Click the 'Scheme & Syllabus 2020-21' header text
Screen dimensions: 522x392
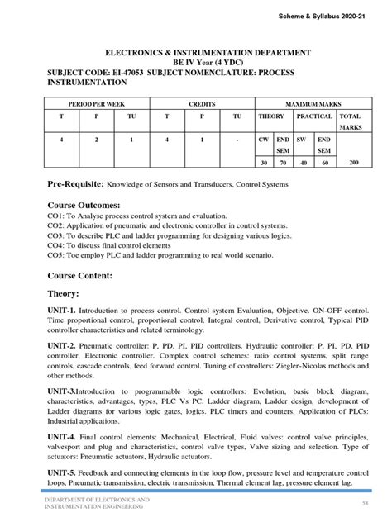333,18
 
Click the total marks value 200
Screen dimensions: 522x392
353,163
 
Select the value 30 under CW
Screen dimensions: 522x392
263,164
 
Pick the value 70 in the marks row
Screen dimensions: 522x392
283,164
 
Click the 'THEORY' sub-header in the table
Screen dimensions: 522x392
271,117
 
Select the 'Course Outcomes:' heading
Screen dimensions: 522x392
84,204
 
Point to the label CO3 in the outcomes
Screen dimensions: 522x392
55,235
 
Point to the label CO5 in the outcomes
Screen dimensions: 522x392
55,256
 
